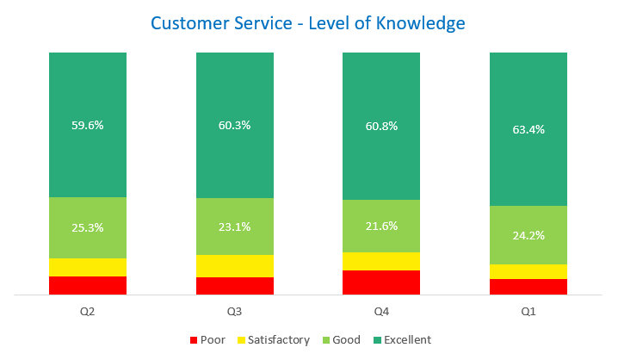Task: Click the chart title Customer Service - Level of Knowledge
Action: coord(308,22)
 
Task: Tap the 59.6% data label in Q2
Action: coord(88,125)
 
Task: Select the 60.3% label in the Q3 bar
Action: coord(235,125)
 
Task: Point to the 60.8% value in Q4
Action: coord(381,125)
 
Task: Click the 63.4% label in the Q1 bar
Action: coord(528,130)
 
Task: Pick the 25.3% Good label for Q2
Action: coord(88,228)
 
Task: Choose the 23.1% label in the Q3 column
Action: coord(235,227)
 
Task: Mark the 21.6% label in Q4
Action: coord(381,226)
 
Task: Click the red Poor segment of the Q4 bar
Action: coord(381,282)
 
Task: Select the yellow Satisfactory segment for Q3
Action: coord(235,266)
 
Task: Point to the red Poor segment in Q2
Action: coord(88,285)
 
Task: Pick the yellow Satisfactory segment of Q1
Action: coord(528,271)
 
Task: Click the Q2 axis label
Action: coord(88,311)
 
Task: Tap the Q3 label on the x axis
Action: coord(235,311)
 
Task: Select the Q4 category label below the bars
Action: coord(381,311)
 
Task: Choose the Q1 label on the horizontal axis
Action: coord(528,311)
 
